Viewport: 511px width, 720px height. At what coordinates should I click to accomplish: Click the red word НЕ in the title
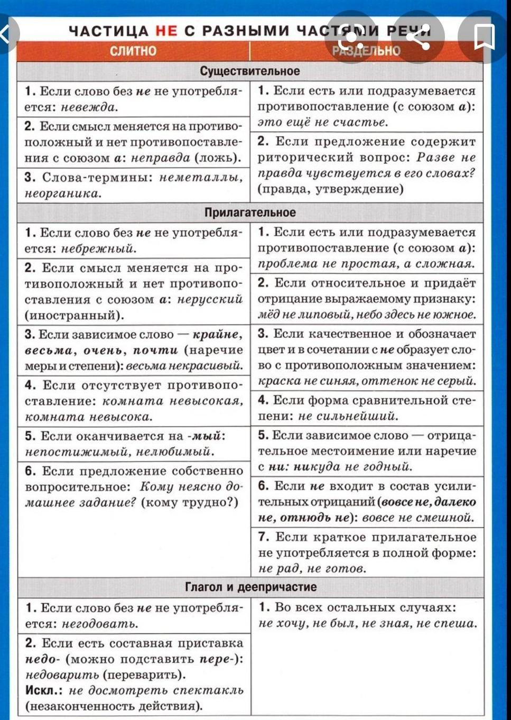tap(166, 31)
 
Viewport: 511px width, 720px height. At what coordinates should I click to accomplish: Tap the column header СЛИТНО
tap(133, 51)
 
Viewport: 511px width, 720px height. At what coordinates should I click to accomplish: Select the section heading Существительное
tap(250, 71)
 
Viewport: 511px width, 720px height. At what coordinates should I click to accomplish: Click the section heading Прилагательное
tap(250, 213)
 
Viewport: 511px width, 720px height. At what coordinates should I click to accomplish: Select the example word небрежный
tap(99, 248)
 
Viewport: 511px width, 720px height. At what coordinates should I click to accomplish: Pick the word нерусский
tap(210, 299)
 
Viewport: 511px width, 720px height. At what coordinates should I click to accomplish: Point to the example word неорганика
tap(62, 193)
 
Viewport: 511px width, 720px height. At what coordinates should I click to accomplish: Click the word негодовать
tap(100, 624)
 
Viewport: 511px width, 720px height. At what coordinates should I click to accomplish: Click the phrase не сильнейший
tap(348, 416)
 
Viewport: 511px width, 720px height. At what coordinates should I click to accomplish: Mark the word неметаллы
tap(201, 178)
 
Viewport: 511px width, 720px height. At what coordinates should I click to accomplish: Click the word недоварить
tap(62, 675)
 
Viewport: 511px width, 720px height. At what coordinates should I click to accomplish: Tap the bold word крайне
tap(217, 334)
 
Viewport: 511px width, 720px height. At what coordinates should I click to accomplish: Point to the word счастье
tap(366, 122)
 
